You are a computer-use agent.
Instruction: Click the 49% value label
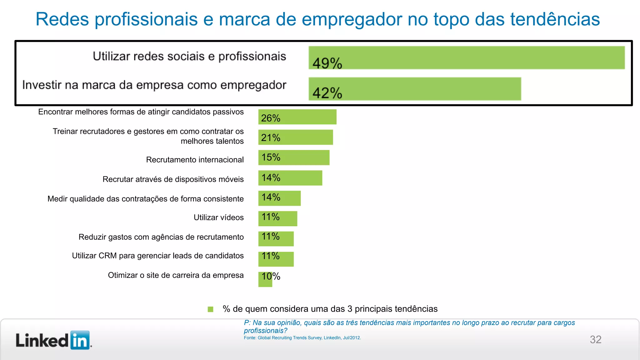[x=327, y=63]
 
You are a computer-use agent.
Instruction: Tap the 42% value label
[x=327, y=93]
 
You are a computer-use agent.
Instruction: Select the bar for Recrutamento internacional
[x=294, y=157]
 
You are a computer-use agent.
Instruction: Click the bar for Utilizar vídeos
[x=277, y=218]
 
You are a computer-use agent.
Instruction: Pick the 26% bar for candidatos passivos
[x=297, y=117]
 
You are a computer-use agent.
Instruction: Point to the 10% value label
[x=271, y=276]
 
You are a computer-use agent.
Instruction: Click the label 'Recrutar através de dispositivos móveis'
[x=173, y=179]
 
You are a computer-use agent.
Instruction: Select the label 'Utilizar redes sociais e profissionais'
[x=189, y=57]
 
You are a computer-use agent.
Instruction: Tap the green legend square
[x=210, y=309]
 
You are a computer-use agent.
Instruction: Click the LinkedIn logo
[x=53, y=340]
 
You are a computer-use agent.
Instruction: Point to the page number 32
[x=595, y=339]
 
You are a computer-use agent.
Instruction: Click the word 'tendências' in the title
[x=555, y=19]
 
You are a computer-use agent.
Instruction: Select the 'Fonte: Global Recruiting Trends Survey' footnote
[x=302, y=338]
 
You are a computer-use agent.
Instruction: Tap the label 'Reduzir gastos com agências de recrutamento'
[x=161, y=237]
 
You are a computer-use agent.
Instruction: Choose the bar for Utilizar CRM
[x=276, y=259]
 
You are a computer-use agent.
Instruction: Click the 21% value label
[x=271, y=138]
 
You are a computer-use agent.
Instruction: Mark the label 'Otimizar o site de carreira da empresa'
[x=176, y=275]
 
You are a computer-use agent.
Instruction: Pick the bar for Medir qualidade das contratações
[x=279, y=198]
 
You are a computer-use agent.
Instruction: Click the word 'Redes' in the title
[x=62, y=19]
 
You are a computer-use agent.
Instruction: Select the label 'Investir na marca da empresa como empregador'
[x=154, y=85]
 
